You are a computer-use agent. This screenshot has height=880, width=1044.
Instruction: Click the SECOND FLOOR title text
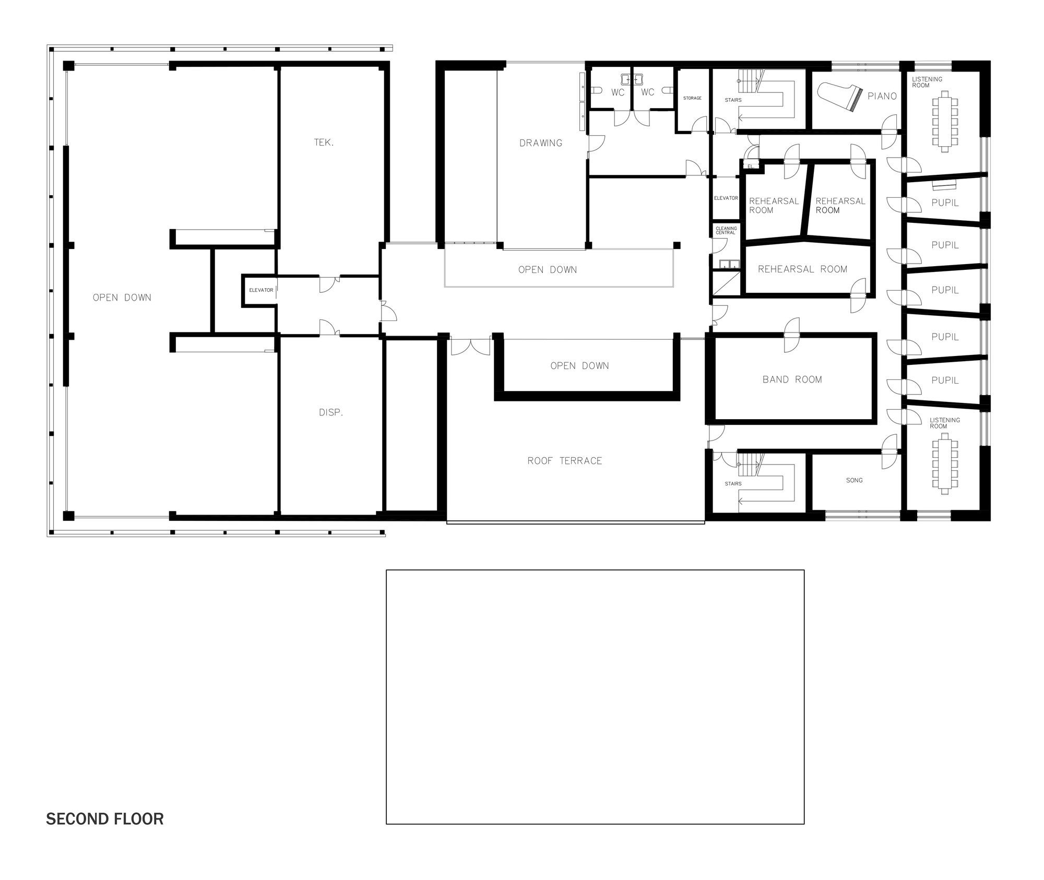(x=104, y=818)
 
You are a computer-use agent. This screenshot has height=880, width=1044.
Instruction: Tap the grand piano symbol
(x=837, y=98)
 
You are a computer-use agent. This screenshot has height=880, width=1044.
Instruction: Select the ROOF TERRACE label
(x=564, y=460)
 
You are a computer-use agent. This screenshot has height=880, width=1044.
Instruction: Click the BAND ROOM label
(x=792, y=379)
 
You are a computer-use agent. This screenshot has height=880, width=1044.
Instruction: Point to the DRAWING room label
(x=541, y=142)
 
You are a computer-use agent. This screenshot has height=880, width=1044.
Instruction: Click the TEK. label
(x=324, y=142)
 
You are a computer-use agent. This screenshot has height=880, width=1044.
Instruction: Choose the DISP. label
(x=330, y=412)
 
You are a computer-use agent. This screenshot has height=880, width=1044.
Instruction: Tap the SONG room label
(x=854, y=480)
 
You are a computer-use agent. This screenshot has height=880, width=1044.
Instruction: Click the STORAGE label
(x=692, y=98)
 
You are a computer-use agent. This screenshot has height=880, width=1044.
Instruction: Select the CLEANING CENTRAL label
(x=726, y=230)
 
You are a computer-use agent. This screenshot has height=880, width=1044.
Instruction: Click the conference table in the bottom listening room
(x=945, y=466)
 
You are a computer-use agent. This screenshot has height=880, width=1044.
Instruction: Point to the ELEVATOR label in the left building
(x=261, y=290)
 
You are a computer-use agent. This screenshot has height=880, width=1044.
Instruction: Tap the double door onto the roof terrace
(x=470, y=347)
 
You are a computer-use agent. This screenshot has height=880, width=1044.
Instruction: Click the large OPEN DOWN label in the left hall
(x=122, y=298)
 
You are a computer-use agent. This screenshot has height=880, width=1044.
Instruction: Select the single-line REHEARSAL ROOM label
(x=802, y=269)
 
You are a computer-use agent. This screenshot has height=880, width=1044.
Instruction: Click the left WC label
(x=618, y=92)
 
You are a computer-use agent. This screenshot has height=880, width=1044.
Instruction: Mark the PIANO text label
(x=882, y=96)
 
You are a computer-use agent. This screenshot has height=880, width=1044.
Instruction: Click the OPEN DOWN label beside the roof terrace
(x=579, y=366)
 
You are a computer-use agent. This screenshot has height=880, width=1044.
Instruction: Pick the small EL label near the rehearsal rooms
(x=750, y=166)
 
